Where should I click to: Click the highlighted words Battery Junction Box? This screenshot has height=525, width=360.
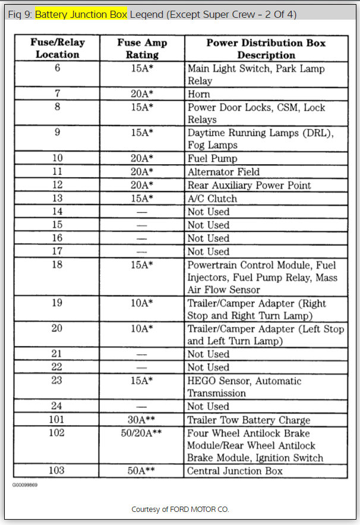click(x=81, y=14)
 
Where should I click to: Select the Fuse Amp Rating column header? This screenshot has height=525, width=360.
click(x=142, y=48)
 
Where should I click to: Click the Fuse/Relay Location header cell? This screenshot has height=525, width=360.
click(x=57, y=48)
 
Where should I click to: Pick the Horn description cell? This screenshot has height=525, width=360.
click(x=199, y=94)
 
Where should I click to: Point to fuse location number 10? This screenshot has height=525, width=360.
click(x=57, y=158)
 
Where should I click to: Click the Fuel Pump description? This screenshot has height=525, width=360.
click(x=212, y=159)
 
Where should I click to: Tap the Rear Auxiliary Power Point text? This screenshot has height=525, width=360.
click(x=249, y=185)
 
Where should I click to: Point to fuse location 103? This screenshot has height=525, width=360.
click(x=57, y=471)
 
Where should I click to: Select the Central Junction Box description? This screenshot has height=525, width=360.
click(x=235, y=471)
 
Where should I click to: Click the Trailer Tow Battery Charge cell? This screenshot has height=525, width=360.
click(x=248, y=420)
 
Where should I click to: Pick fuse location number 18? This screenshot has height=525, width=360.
click(x=57, y=265)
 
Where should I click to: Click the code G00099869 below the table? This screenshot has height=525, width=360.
click(x=24, y=485)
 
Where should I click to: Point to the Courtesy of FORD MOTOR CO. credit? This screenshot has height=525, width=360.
click(x=179, y=510)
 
